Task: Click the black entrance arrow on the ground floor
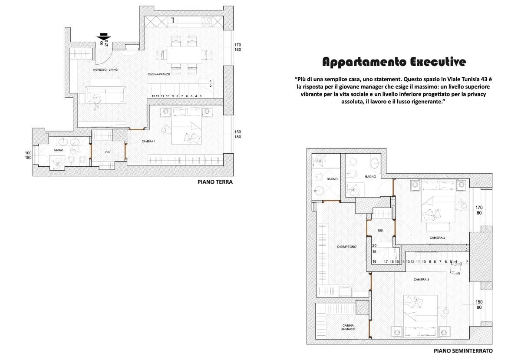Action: point(104,37)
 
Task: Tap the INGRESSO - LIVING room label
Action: point(105,70)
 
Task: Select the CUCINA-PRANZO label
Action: point(159,74)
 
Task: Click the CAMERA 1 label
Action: point(148,141)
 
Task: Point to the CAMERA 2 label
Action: point(437,238)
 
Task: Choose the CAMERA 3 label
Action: point(421,280)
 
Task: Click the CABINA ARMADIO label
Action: point(348,327)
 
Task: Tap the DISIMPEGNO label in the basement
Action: point(346,247)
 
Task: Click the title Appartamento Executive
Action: point(394,62)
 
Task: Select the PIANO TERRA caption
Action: point(215,182)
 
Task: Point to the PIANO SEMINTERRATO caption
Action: point(463,351)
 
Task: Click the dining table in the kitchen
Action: point(184,55)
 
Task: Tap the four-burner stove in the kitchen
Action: point(206,22)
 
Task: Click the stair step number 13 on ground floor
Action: point(153,96)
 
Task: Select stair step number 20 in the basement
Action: point(374,245)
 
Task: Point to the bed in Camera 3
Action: point(421,315)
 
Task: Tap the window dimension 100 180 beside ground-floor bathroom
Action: point(28,155)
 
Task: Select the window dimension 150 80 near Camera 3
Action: point(479,304)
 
